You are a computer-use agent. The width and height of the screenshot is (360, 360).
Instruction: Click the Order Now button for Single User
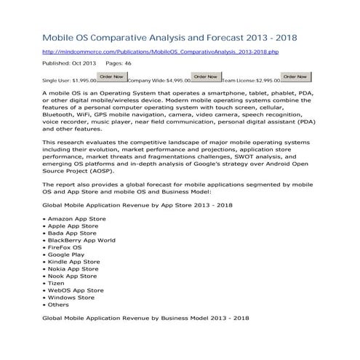tap(111, 76)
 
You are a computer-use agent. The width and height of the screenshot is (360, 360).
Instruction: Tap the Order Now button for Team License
tap(295, 76)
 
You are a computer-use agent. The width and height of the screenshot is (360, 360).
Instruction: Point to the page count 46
tap(128, 64)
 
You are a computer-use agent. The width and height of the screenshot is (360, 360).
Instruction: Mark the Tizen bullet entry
tap(57, 283)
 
